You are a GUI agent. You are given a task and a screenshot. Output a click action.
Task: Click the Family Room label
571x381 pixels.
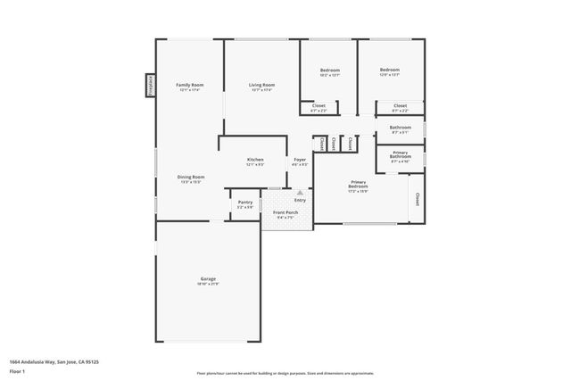pyautogui.click(x=189, y=85)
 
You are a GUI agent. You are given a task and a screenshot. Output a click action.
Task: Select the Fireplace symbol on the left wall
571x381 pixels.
pyautogui.click(x=151, y=85)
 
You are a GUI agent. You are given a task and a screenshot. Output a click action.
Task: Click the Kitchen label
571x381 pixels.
pyautogui.click(x=255, y=161)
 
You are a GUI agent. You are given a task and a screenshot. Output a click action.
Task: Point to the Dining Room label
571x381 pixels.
pyautogui.click(x=191, y=178)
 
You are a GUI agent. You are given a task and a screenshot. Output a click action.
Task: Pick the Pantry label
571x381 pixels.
pyautogui.click(x=244, y=203)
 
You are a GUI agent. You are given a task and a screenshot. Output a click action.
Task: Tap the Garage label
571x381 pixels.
pyautogui.click(x=208, y=278)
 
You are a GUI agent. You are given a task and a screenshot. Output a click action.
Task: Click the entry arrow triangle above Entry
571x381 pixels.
pyautogui.click(x=300, y=191)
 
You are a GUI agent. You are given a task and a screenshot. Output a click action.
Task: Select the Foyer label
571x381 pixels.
pyautogui.click(x=300, y=160)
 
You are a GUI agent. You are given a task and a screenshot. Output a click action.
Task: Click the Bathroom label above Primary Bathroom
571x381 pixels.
pyautogui.click(x=400, y=127)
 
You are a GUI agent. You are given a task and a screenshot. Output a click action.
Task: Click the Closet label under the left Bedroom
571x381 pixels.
pyautogui.click(x=319, y=106)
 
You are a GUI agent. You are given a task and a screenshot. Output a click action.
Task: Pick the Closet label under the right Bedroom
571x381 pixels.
pyautogui.click(x=400, y=106)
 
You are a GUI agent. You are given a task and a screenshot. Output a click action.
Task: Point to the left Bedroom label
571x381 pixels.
pyautogui.click(x=329, y=70)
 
